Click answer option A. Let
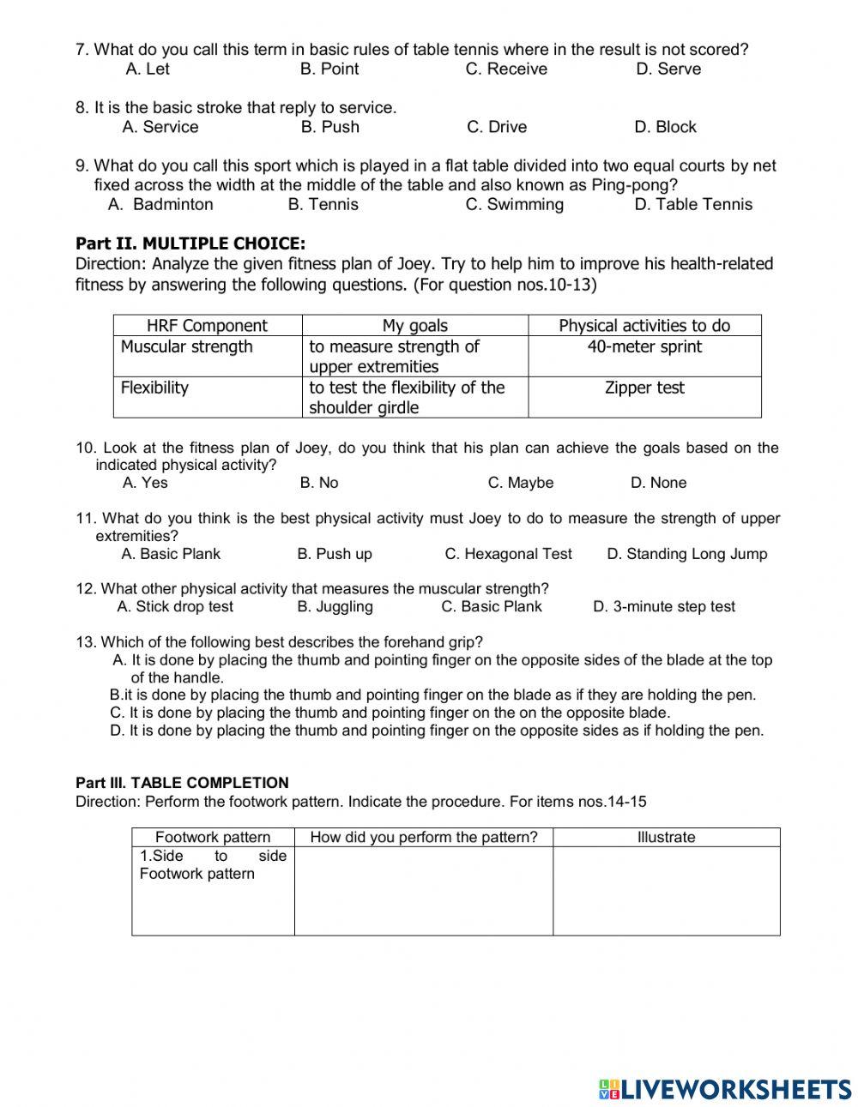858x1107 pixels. (148, 69)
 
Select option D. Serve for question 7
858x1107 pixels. (668, 69)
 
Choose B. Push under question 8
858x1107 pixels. (329, 127)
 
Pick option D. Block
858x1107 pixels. (665, 127)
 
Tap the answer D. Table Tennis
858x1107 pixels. (693, 204)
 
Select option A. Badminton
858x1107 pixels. (160, 204)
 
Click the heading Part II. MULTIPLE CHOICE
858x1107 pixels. (190, 244)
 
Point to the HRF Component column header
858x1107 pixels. (207, 325)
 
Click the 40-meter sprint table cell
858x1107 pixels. (644, 346)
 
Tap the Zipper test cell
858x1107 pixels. (644, 388)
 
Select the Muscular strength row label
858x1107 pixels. (187, 346)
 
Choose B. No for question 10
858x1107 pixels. (319, 483)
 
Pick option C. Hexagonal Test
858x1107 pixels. (508, 554)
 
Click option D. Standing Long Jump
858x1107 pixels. (686, 554)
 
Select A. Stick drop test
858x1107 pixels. (175, 606)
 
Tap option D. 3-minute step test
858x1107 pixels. (664, 606)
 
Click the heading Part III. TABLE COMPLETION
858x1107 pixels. (182, 782)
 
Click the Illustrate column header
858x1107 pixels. (666, 837)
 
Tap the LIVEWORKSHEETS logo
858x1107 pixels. (725, 1088)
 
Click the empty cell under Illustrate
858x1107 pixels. (666, 891)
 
